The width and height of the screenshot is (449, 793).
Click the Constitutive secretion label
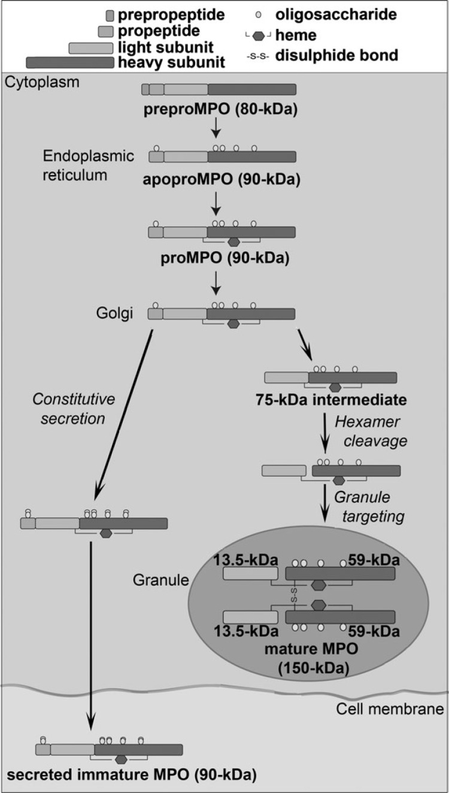pyautogui.click(x=73, y=409)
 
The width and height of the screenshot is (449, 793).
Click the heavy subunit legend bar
pyautogui.click(x=69, y=61)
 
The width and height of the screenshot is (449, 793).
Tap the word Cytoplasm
pyautogui.click(x=34, y=82)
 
